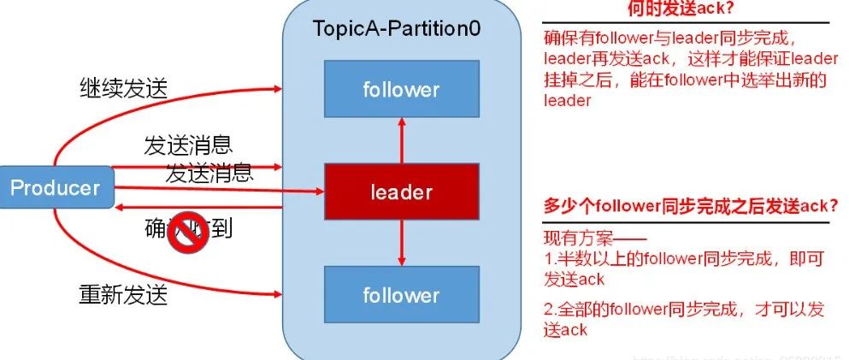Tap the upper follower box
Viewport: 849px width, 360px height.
(x=401, y=89)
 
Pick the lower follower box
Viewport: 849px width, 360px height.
(x=401, y=296)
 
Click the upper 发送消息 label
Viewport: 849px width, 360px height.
(x=188, y=145)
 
